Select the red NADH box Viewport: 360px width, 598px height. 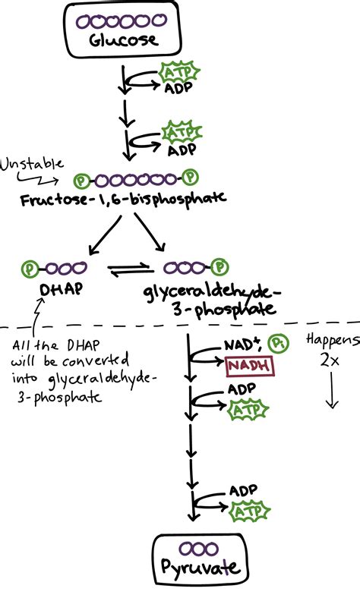248,367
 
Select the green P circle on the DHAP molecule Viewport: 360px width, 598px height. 30,268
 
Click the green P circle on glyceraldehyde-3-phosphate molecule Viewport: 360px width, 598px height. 219,267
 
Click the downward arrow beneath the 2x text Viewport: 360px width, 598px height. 330,393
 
